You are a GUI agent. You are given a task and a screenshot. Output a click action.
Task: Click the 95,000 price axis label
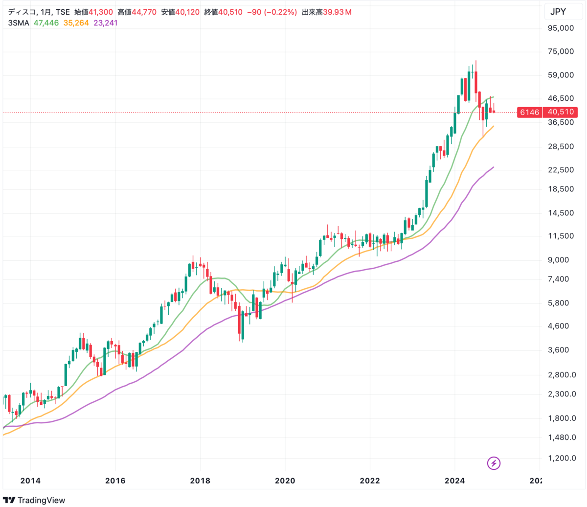click(x=561, y=28)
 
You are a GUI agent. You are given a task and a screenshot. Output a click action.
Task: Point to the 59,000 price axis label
click(x=561, y=75)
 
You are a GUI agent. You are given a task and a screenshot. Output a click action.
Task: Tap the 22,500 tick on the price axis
click(x=561, y=170)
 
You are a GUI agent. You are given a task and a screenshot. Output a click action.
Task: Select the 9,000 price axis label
click(x=563, y=260)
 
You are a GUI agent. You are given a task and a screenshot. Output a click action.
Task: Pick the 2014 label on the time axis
click(x=30, y=481)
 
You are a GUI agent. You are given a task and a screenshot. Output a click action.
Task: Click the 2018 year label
click(x=200, y=481)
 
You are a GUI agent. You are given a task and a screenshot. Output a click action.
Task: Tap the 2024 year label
click(x=454, y=481)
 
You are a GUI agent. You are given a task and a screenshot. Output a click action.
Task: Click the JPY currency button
click(x=558, y=12)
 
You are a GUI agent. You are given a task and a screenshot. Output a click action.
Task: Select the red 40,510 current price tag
click(x=561, y=112)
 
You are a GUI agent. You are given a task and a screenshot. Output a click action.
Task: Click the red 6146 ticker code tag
click(x=529, y=112)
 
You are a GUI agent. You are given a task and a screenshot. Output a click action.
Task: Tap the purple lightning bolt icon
click(x=494, y=462)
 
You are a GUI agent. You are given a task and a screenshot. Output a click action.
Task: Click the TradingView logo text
click(x=41, y=500)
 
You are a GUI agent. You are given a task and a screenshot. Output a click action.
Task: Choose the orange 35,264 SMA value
click(x=76, y=23)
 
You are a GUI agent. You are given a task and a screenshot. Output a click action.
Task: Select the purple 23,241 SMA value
click(x=106, y=23)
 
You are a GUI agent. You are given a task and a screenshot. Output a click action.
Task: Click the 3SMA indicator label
click(x=19, y=23)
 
